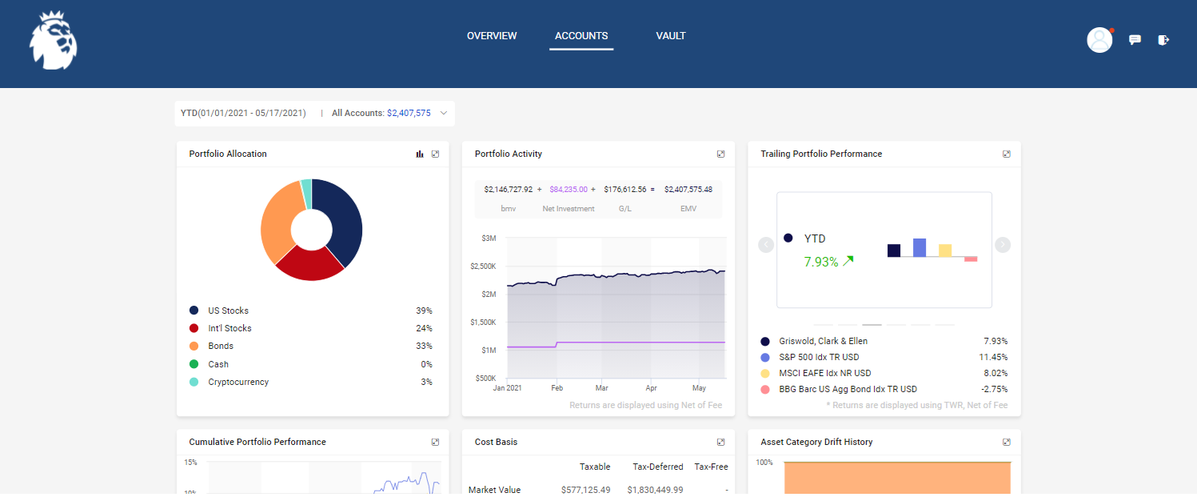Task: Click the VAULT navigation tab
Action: (670, 36)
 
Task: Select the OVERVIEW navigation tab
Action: (492, 36)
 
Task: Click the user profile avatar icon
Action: (1099, 40)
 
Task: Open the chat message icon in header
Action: (1135, 40)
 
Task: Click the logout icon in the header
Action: (1163, 40)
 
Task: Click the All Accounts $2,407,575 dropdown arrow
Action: (444, 114)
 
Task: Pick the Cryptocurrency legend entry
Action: (238, 382)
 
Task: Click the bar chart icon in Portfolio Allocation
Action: (420, 154)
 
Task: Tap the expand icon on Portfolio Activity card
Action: (720, 154)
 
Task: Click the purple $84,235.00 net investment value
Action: (568, 190)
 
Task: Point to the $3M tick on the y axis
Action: (489, 238)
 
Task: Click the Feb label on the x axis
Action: (557, 387)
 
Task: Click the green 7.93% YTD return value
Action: (821, 261)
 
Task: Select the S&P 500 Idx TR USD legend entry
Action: (819, 357)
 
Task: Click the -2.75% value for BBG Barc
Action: (994, 389)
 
